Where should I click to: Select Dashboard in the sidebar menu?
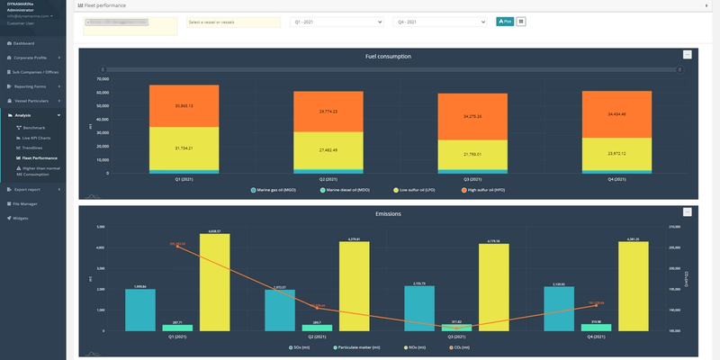tap(23, 43)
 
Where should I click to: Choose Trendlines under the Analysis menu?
tap(32, 147)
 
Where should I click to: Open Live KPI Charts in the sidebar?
tap(38, 138)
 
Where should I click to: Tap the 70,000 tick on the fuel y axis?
tap(102, 78)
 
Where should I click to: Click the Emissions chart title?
tap(388, 214)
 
